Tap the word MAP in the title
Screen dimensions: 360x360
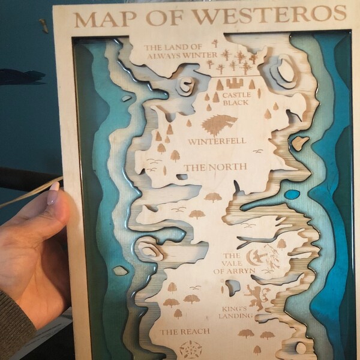click(99, 18)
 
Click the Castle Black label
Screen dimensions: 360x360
click(235, 99)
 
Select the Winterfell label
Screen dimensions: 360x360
click(217, 142)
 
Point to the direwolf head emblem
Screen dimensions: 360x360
click(215, 124)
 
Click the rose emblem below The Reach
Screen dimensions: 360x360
click(188, 349)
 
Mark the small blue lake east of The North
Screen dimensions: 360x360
click(292, 194)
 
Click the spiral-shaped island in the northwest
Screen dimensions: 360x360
click(188, 86)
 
